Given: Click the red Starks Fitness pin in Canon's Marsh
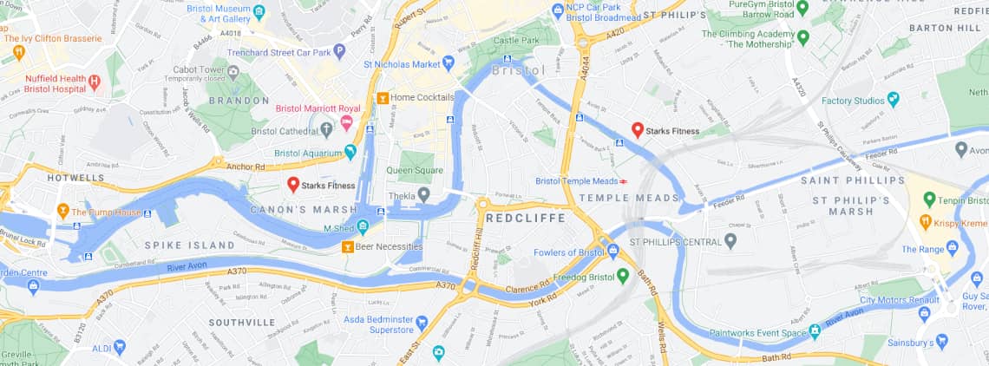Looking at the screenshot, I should [x=293, y=184].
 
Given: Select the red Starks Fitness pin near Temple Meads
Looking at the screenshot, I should [x=637, y=129].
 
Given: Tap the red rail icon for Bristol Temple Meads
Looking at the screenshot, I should [x=623, y=181].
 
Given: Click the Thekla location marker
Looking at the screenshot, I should [x=423, y=196].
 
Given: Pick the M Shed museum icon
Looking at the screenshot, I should [x=363, y=227].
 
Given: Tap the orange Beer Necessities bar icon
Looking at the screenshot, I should [x=347, y=247].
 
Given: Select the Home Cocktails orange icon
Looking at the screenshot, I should [x=382, y=98].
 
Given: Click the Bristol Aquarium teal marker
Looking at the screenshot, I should [x=350, y=153].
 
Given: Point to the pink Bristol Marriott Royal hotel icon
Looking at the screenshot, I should [x=346, y=122].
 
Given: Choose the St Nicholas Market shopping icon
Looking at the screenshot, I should [x=449, y=62].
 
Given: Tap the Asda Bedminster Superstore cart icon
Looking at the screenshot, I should [x=422, y=324].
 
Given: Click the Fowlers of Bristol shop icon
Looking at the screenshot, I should [x=612, y=252].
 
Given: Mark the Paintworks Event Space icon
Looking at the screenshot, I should [x=815, y=331].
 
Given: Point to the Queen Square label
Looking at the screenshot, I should [x=415, y=171].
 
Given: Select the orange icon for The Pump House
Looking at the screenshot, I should [x=62, y=211].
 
